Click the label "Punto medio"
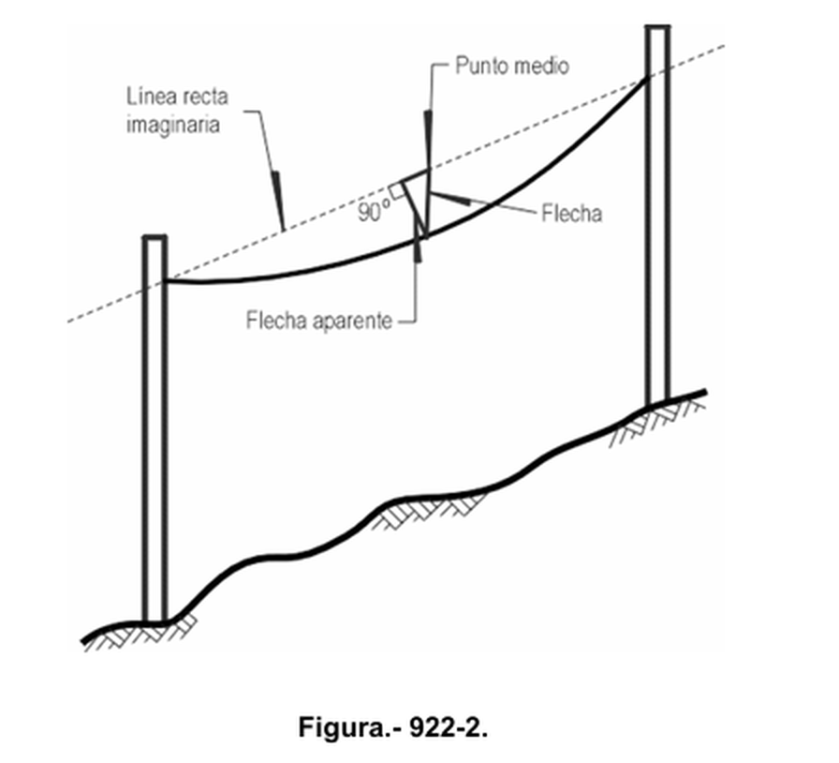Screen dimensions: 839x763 [x=511, y=66]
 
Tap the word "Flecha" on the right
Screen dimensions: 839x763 [x=571, y=214]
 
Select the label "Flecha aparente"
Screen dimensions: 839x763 [x=319, y=321]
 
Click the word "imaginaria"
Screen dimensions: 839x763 [x=173, y=125]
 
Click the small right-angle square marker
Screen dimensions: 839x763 [x=396, y=190]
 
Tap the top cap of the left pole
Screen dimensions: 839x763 [x=155, y=237]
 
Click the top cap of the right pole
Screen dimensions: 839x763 [x=657, y=27]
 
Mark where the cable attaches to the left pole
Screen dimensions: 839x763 [x=167, y=280]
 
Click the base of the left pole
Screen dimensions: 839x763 [x=155, y=621]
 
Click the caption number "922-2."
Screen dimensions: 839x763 [x=449, y=727]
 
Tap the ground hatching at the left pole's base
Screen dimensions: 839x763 [x=140, y=635]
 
